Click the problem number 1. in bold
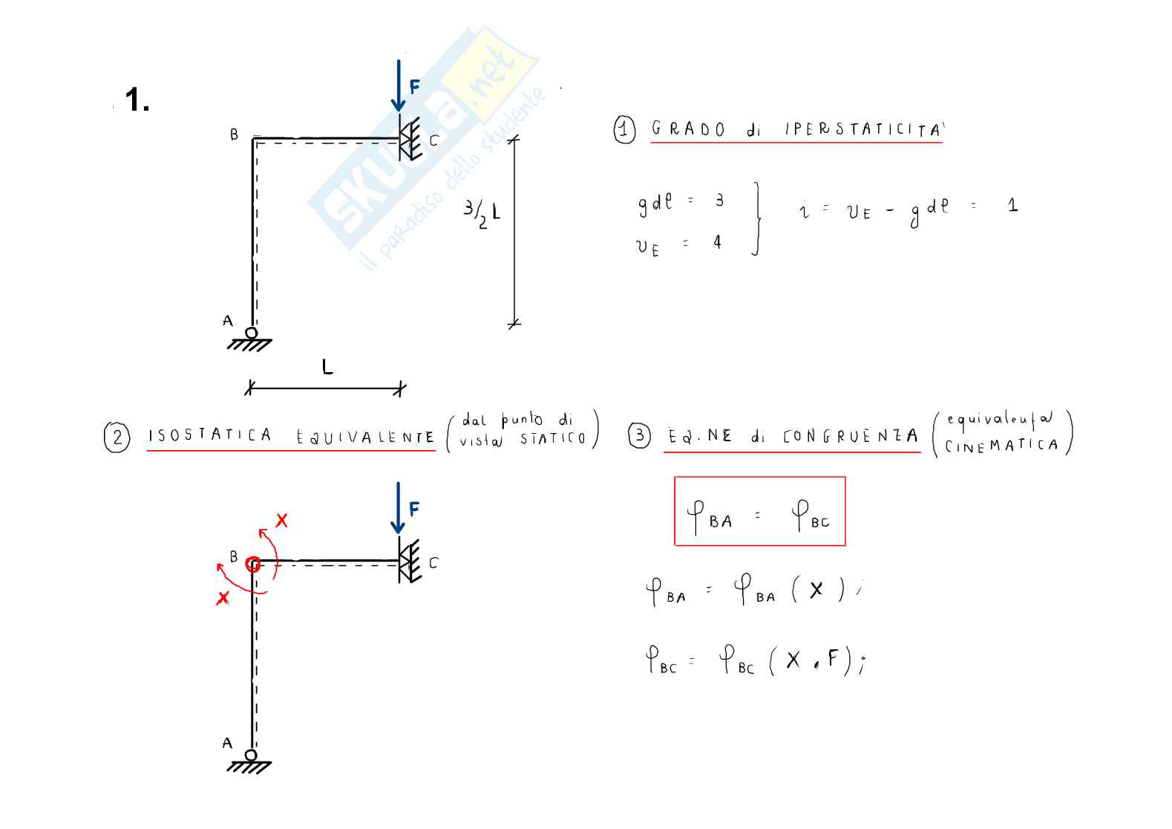click(x=137, y=100)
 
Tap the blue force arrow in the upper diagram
click(x=399, y=85)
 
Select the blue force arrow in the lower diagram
click(x=399, y=507)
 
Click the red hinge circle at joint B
click(x=253, y=565)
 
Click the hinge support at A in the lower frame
click(x=251, y=758)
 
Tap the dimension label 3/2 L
click(x=482, y=212)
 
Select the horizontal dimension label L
click(x=327, y=366)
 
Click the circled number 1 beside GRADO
click(x=624, y=130)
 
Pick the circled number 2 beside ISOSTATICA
click(x=117, y=437)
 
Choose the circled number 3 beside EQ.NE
click(x=639, y=435)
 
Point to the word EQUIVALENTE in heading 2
click(x=365, y=437)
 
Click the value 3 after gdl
click(x=719, y=201)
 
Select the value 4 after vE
click(x=717, y=242)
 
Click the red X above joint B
click(x=281, y=521)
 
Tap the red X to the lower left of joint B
click(x=222, y=597)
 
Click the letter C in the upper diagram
click(x=433, y=140)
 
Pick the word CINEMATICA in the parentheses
click(x=1001, y=446)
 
